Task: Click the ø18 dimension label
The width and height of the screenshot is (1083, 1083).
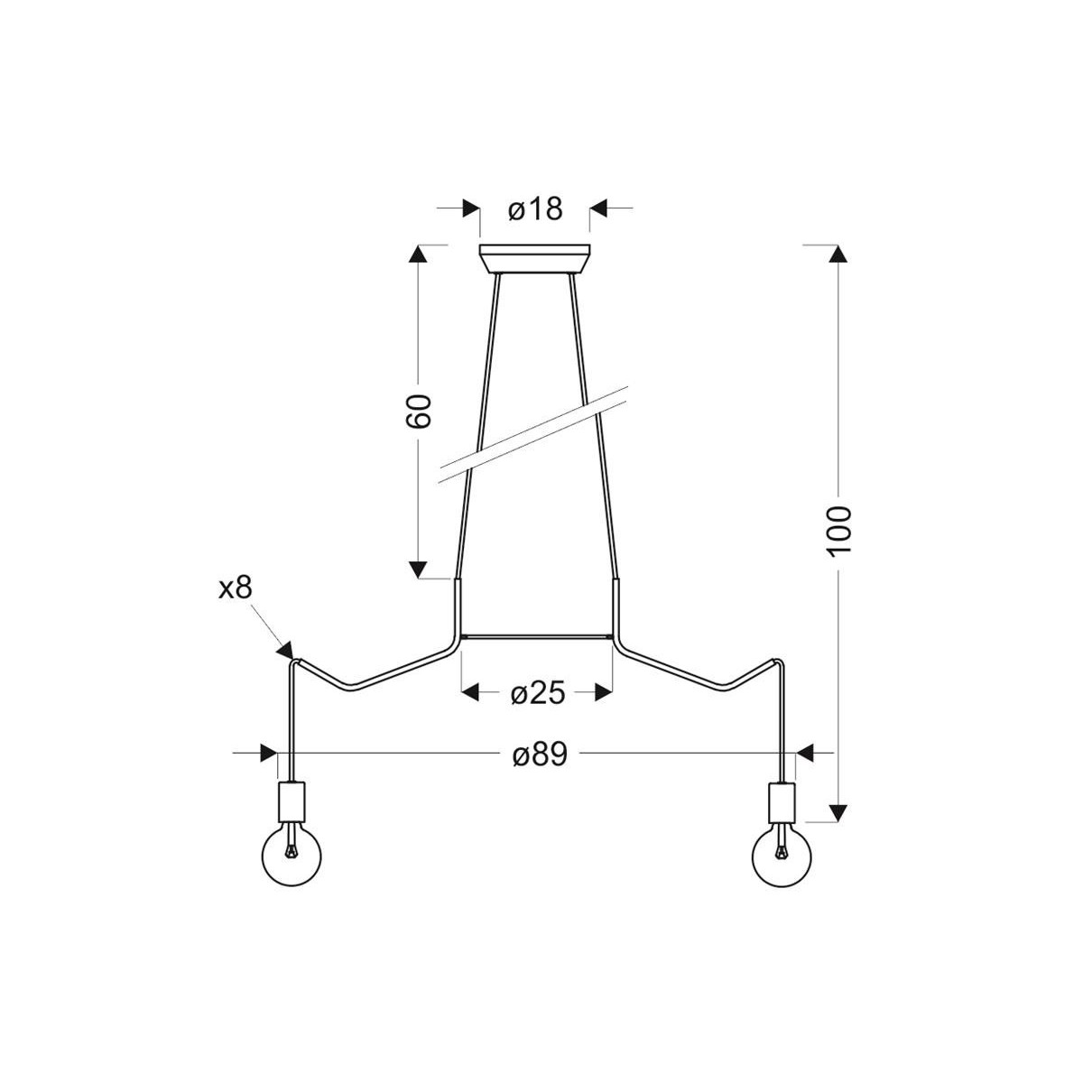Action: [534, 209]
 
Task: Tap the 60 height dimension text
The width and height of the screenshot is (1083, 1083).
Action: [418, 412]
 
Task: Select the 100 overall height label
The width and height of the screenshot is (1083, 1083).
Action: [838, 531]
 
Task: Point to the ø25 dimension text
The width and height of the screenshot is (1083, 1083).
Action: [537, 694]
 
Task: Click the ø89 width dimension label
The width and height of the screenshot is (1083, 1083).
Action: [540, 754]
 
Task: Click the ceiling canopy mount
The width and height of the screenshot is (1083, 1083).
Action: [534, 259]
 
